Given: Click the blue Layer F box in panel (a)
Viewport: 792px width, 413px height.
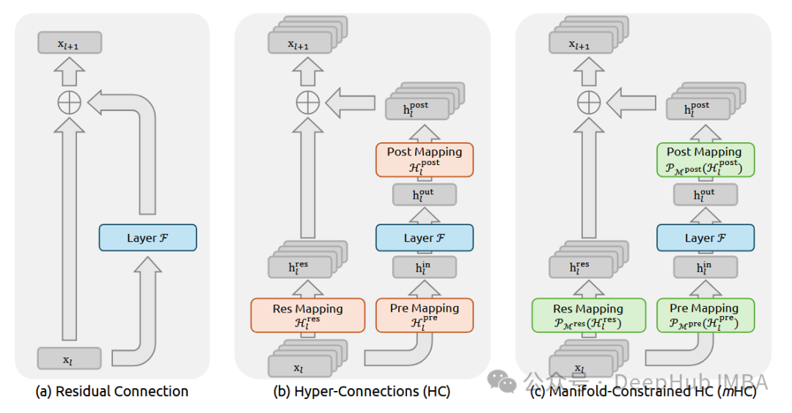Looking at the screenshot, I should (147, 238).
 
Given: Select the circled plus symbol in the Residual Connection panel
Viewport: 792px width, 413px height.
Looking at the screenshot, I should (69, 103).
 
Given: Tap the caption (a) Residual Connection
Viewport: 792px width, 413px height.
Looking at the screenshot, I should (111, 391).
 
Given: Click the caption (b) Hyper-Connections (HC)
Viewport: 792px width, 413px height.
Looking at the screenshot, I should (362, 391).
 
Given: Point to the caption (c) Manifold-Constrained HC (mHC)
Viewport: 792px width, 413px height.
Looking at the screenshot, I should (643, 391).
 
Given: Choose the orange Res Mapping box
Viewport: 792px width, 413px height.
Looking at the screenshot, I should (307, 315).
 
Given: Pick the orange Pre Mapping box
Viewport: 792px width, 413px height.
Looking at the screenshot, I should (425, 315).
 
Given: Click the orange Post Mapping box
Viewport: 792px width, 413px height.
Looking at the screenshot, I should (425, 159).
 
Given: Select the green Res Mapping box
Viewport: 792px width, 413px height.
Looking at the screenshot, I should (588, 315).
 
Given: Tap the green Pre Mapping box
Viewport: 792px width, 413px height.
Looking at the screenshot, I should (705, 315).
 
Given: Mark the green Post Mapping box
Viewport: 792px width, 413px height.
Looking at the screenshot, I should (705, 159).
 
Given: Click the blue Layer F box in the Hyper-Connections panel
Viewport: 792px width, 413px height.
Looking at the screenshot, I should (425, 238).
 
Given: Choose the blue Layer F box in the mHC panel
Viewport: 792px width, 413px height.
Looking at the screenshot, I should (705, 238).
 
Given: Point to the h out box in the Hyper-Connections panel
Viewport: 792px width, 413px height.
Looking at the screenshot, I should (425, 194).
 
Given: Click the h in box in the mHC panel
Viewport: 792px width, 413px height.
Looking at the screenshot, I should (705, 268).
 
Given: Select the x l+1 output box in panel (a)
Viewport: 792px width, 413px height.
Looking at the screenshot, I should (69, 43).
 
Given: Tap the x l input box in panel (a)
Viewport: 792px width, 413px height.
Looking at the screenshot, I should (69, 358).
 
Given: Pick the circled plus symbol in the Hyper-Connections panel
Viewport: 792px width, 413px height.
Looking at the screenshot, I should (307, 103).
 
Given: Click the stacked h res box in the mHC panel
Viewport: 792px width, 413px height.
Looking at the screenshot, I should (582, 267).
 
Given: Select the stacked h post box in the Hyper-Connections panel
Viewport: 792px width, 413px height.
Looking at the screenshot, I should (417, 109).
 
